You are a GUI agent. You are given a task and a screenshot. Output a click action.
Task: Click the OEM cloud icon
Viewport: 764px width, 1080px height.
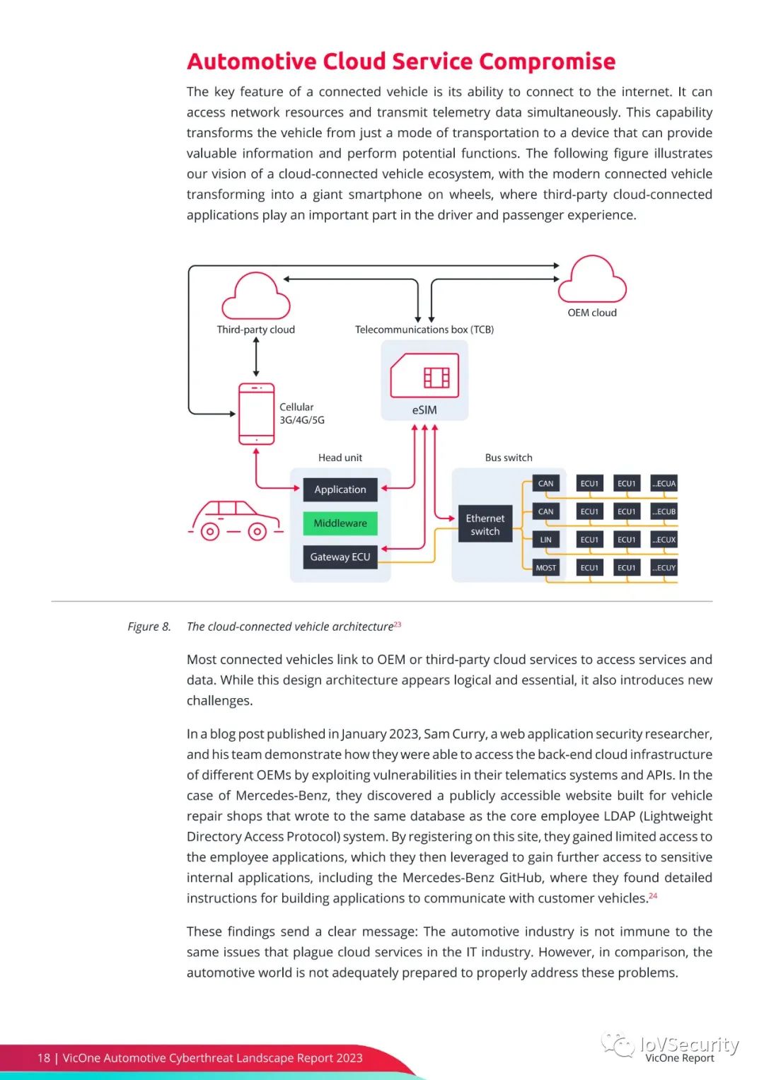click(592, 281)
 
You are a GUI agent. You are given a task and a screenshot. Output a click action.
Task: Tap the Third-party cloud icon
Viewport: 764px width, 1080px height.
click(256, 298)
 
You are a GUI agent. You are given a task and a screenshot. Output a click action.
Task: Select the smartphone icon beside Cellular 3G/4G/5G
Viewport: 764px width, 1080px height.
click(256, 414)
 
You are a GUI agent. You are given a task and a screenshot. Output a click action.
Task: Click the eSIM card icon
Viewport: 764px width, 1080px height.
click(424, 376)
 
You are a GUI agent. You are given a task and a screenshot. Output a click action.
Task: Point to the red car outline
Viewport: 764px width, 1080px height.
click(236, 521)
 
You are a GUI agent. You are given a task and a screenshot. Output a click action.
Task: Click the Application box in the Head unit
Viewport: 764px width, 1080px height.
click(340, 489)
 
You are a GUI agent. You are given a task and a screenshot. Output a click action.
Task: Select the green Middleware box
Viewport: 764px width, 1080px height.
click(340, 523)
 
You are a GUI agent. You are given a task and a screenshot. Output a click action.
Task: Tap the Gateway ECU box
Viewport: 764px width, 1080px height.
click(340, 557)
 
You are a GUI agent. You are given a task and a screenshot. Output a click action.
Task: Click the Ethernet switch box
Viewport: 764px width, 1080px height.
click(485, 525)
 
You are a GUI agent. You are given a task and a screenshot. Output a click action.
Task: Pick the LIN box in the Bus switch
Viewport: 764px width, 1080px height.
click(545, 540)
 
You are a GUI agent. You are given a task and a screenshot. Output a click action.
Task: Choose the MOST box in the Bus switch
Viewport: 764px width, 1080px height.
click(545, 568)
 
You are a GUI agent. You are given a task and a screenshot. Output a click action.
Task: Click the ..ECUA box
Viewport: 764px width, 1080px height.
click(664, 484)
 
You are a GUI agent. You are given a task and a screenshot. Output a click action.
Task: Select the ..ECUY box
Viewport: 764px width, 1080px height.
click(664, 568)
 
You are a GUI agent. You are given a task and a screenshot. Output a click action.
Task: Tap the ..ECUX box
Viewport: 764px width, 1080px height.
click(664, 540)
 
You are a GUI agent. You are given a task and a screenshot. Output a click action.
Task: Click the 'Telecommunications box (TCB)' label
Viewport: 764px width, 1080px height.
click(424, 330)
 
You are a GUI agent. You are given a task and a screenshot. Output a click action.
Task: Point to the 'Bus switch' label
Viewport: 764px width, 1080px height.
click(509, 458)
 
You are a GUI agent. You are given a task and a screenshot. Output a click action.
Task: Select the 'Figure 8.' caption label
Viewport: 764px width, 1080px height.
click(149, 627)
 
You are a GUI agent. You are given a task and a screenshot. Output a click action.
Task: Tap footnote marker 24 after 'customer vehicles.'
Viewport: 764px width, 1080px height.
click(653, 895)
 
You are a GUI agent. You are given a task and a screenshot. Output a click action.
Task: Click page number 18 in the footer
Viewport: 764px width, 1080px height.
click(44, 1058)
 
